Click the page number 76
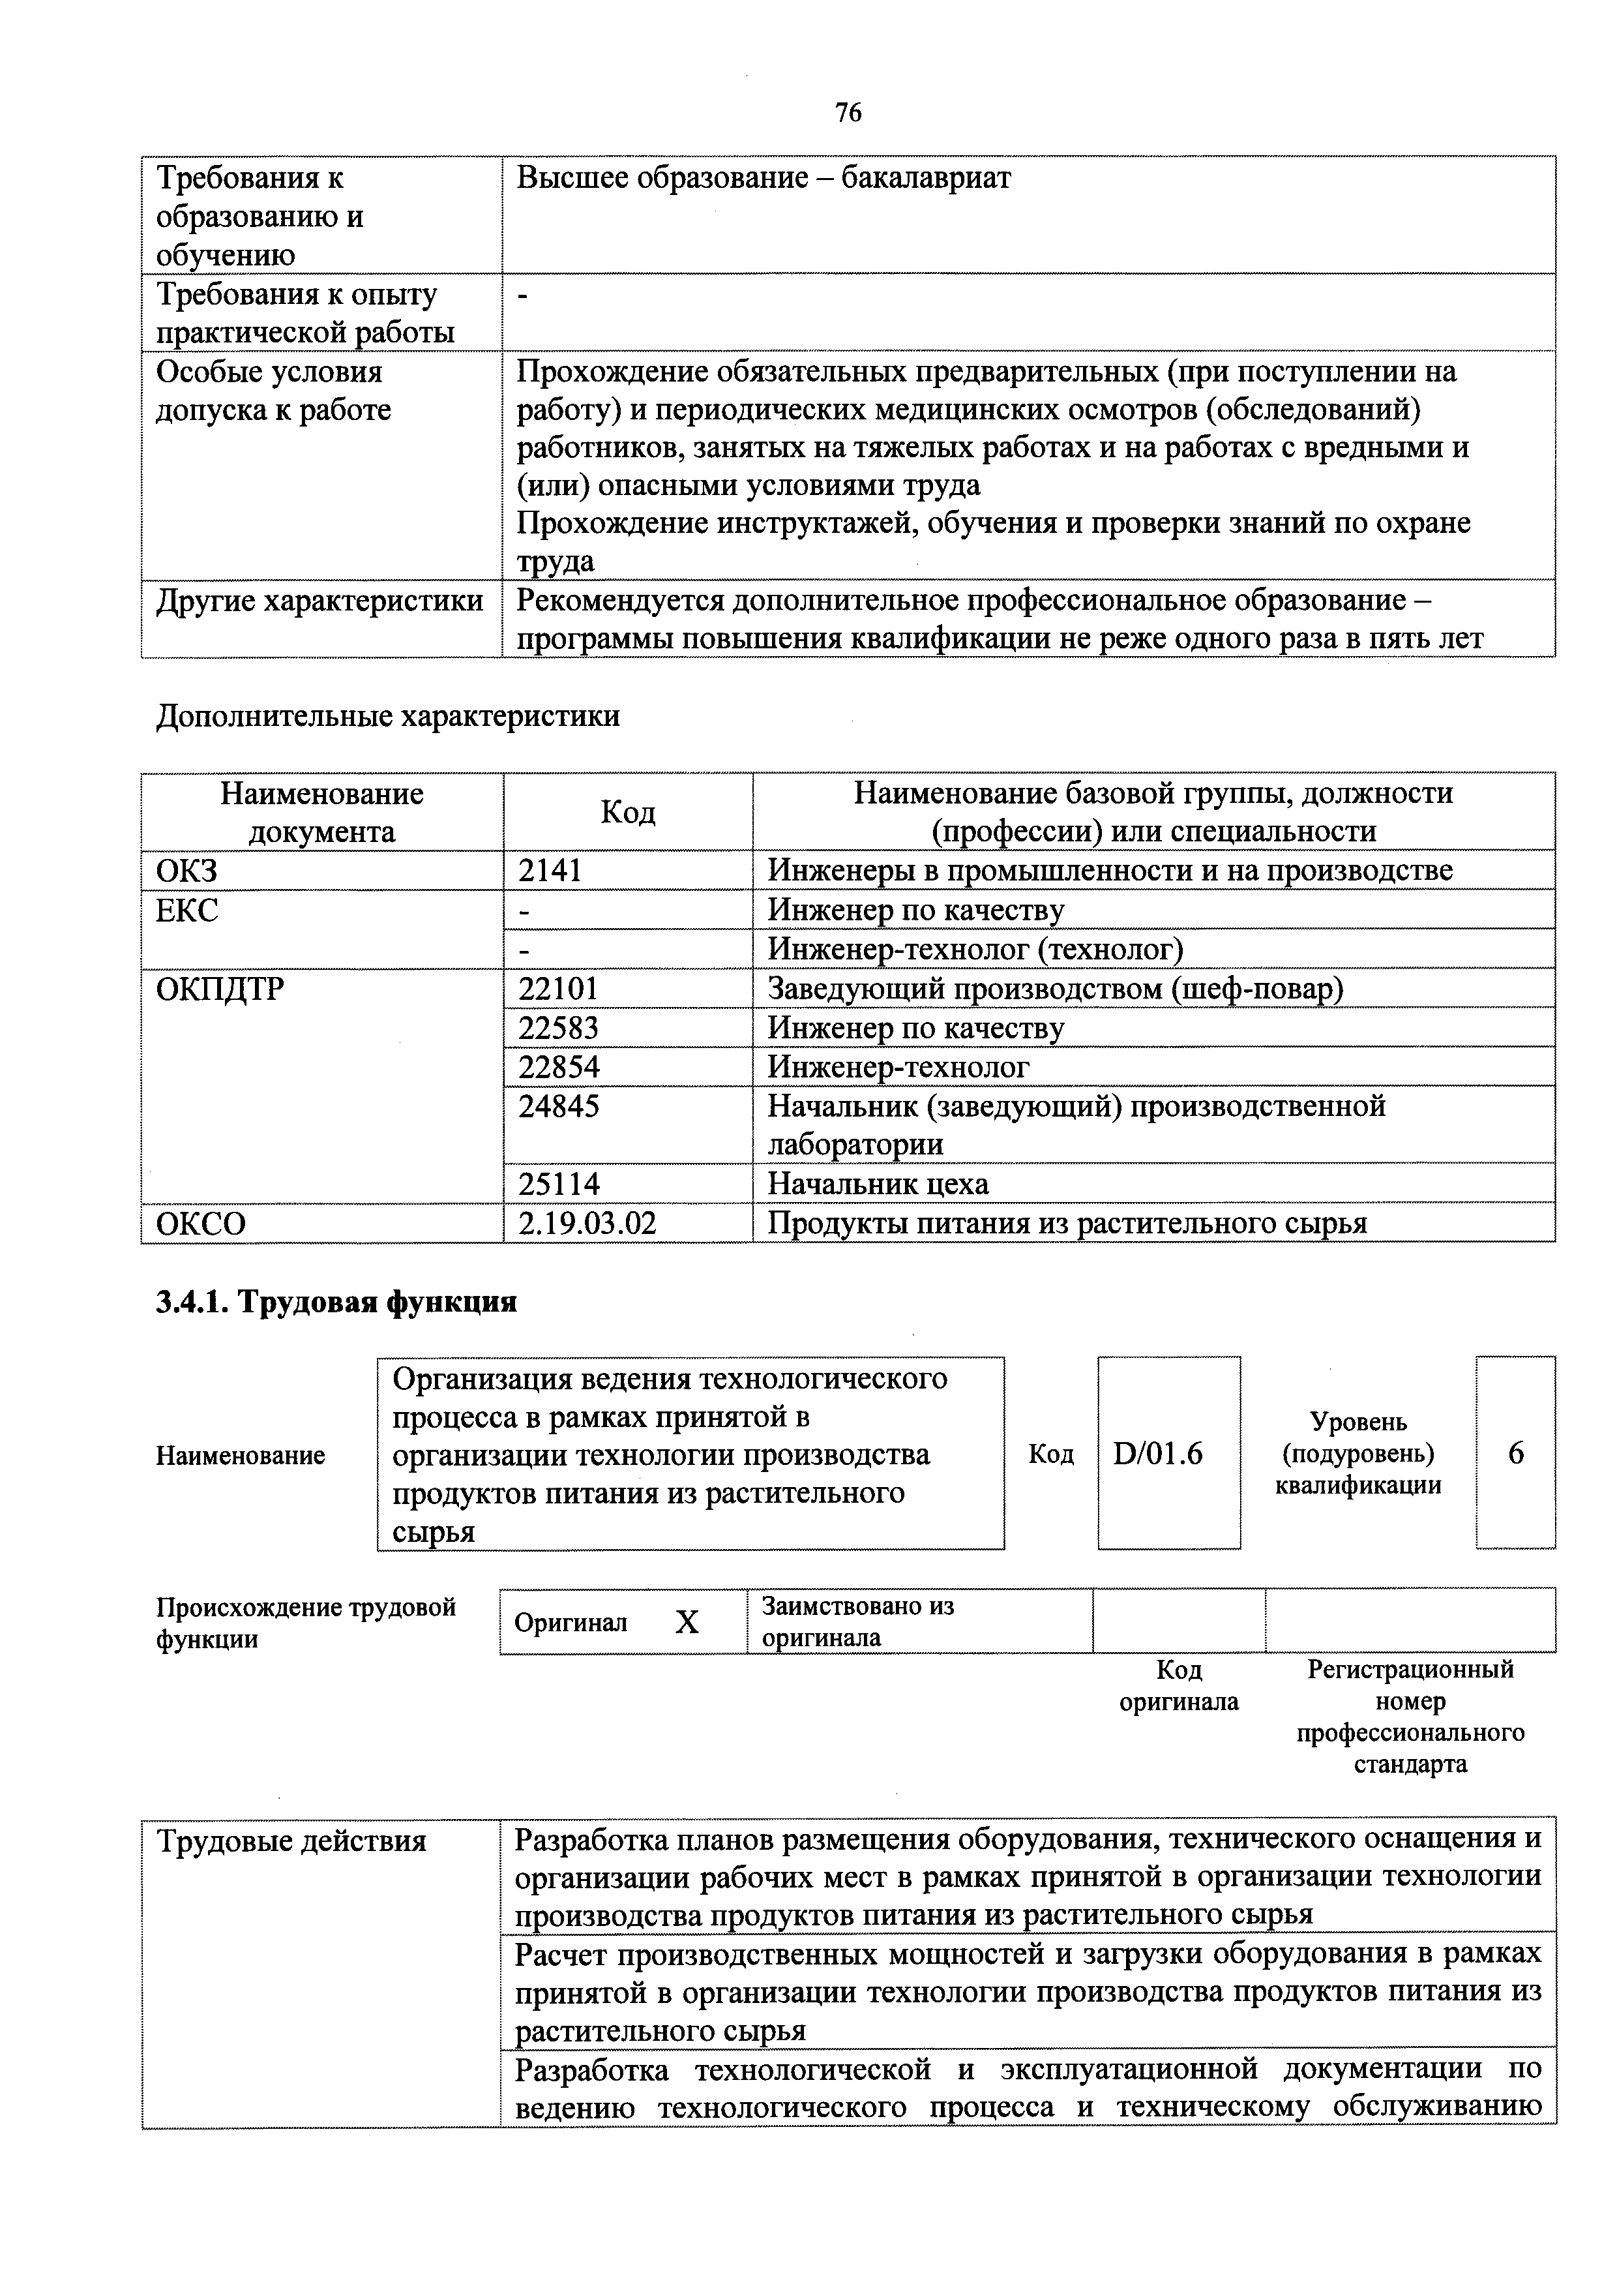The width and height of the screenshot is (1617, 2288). (x=848, y=113)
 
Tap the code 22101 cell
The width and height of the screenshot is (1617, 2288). (x=558, y=989)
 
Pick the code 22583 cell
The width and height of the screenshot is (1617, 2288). (x=558, y=1027)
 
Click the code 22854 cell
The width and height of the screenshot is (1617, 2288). (x=558, y=1066)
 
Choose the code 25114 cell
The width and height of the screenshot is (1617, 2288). (x=558, y=1184)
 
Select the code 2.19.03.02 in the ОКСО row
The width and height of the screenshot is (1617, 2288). (x=587, y=1224)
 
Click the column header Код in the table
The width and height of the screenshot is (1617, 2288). (x=628, y=812)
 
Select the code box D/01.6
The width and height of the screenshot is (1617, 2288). (x=1158, y=1454)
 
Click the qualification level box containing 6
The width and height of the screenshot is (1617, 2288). (x=1515, y=1454)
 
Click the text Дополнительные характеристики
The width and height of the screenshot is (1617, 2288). (x=387, y=715)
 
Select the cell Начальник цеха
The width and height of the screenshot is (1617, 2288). (x=878, y=1184)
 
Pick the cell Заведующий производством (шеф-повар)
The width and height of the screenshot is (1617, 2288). (x=1055, y=989)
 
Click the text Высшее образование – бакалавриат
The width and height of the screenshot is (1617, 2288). (x=763, y=178)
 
